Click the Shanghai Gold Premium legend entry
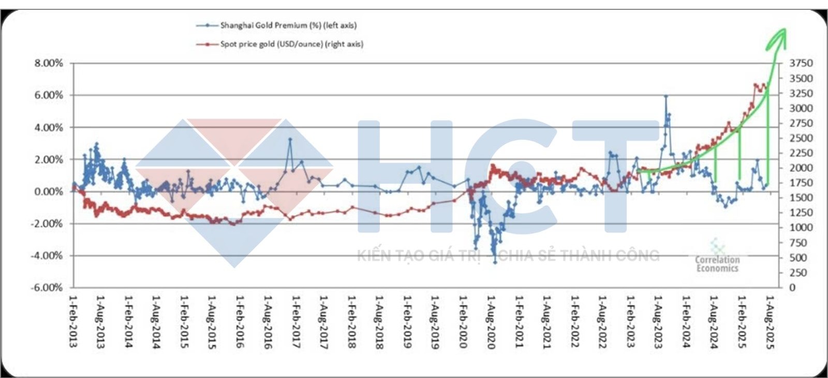(288, 25)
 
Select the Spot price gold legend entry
(291, 44)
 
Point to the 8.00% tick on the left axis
(49, 63)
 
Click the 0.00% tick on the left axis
(49, 192)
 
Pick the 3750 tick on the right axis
(801, 63)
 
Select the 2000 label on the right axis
(801, 168)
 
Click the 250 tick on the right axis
(798, 272)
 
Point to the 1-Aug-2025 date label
(770, 321)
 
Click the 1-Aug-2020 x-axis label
(491, 321)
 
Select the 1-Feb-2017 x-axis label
(296, 321)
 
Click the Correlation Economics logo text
(717, 263)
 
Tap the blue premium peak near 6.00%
(666, 96)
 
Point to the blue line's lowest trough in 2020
(495, 263)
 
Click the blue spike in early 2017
(290, 139)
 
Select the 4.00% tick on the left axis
(49, 127)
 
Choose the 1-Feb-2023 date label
(630, 321)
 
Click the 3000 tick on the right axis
(801, 108)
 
